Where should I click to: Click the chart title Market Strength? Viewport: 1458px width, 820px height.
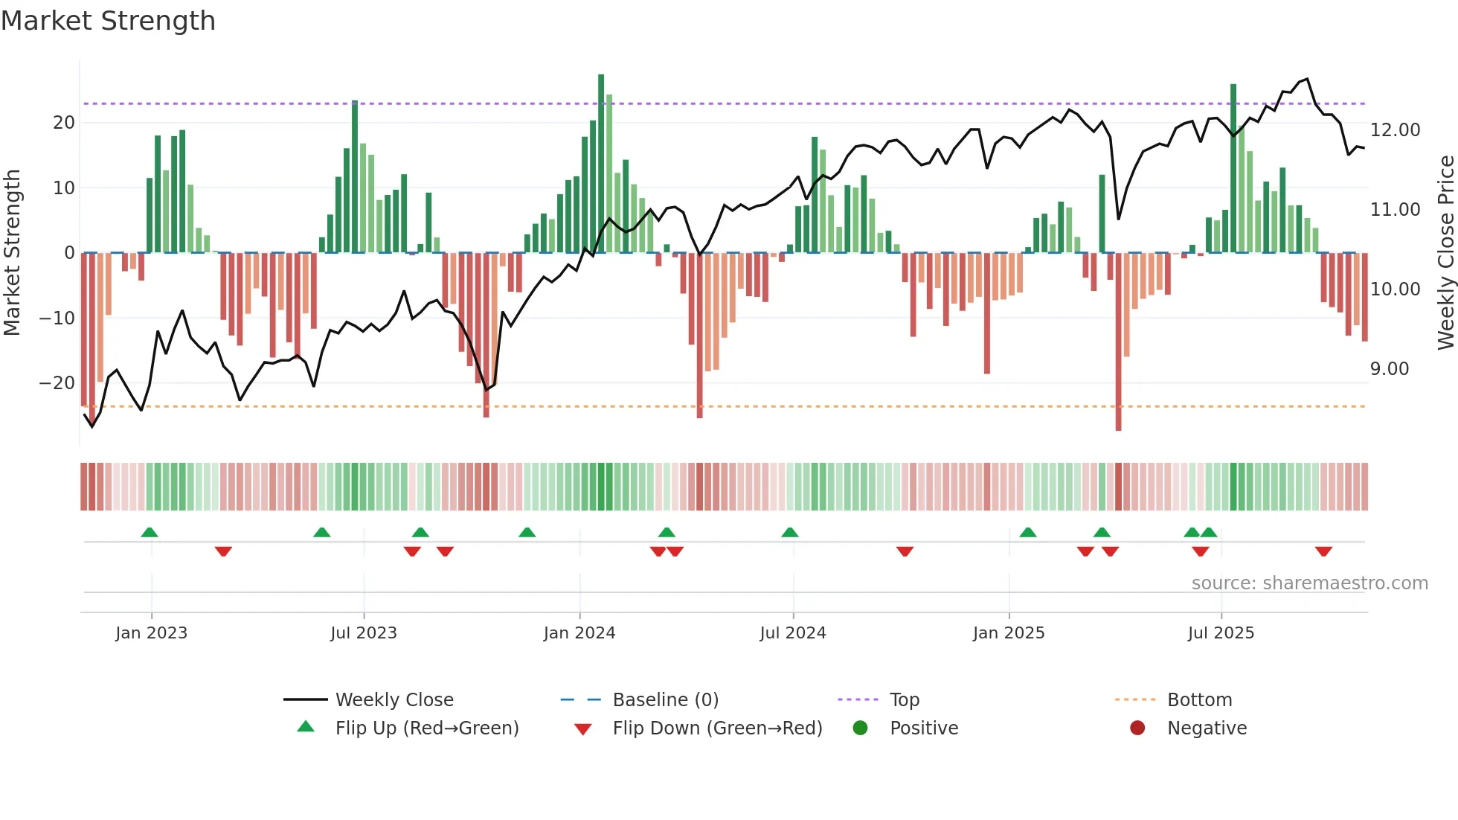pos(108,21)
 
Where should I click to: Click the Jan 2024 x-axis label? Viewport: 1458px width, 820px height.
pos(579,633)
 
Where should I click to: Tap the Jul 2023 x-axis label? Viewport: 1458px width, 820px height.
pos(364,633)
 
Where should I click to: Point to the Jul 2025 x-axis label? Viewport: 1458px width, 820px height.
pos(1221,633)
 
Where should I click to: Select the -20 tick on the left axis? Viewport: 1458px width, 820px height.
pos(57,383)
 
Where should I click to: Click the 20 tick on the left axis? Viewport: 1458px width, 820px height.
pos(64,123)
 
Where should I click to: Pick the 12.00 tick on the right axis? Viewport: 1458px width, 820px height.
pos(1395,130)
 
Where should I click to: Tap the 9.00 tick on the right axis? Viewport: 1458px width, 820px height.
pos(1389,369)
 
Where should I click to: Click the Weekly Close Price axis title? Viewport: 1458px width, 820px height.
pos(1445,253)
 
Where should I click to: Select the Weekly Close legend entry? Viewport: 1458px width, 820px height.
pos(394,700)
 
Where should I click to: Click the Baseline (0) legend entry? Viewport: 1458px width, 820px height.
pos(665,700)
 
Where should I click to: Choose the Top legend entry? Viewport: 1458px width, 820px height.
pos(904,700)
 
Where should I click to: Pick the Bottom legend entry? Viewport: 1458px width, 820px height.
pos(1199,700)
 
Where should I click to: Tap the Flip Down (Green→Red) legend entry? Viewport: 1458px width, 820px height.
pos(716,728)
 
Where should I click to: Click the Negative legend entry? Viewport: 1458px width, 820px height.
pos(1206,728)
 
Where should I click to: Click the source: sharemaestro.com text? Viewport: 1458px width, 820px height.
pos(1309,583)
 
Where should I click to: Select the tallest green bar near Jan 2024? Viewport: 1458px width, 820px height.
pos(601,164)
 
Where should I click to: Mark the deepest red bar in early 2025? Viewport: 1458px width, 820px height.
pos(1118,342)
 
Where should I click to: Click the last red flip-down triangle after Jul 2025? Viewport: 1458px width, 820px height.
pos(1323,551)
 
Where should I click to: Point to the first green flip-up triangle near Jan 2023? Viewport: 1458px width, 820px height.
pos(150,532)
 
